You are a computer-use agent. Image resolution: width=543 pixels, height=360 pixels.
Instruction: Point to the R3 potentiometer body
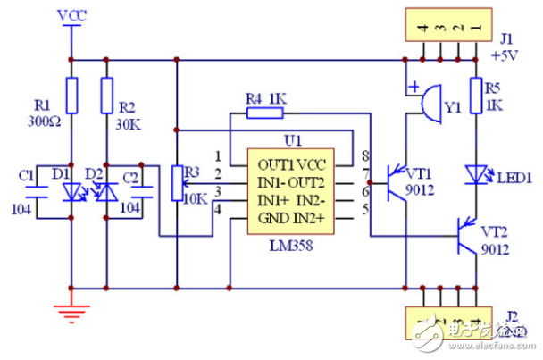click(x=177, y=184)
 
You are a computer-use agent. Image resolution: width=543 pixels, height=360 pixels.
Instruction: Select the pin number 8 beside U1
click(x=366, y=156)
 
